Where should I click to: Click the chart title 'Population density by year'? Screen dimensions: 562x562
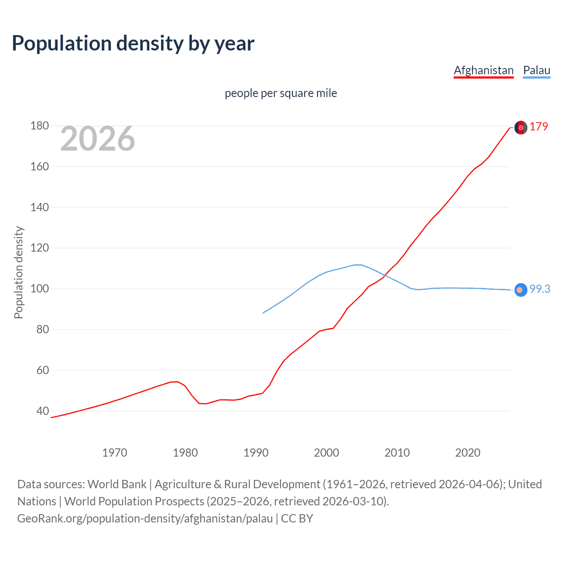tap(133, 43)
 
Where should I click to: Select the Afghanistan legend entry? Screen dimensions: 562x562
tap(483, 70)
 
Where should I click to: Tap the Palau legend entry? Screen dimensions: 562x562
tap(537, 70)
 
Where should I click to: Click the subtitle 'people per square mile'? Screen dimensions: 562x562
tap(281, 93)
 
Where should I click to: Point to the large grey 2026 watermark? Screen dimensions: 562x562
tap(97, 139)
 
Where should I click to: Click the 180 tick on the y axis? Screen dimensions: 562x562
tap(40, 126)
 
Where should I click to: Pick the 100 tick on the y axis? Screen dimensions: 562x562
tap(40, 289)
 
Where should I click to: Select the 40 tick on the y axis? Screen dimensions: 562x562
tap(43, 411)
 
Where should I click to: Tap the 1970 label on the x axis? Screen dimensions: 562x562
tap(115, 453)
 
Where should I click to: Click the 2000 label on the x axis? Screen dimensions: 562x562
tap(326, 453)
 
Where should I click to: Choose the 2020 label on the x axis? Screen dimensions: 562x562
tap(468, 453)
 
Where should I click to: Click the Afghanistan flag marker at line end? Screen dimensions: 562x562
tap(521, 127)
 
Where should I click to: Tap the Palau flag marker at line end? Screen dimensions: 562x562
tap(520, 290)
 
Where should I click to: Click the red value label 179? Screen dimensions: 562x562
tap(539, 126)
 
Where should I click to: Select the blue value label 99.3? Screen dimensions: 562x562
tap(540, 289)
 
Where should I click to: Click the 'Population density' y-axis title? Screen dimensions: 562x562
tap(18, 272)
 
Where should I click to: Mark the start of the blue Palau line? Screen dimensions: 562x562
tap(263, 313)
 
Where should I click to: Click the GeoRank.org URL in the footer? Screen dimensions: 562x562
tap(145, 519)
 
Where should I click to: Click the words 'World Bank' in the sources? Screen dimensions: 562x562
tap(117, 484)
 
